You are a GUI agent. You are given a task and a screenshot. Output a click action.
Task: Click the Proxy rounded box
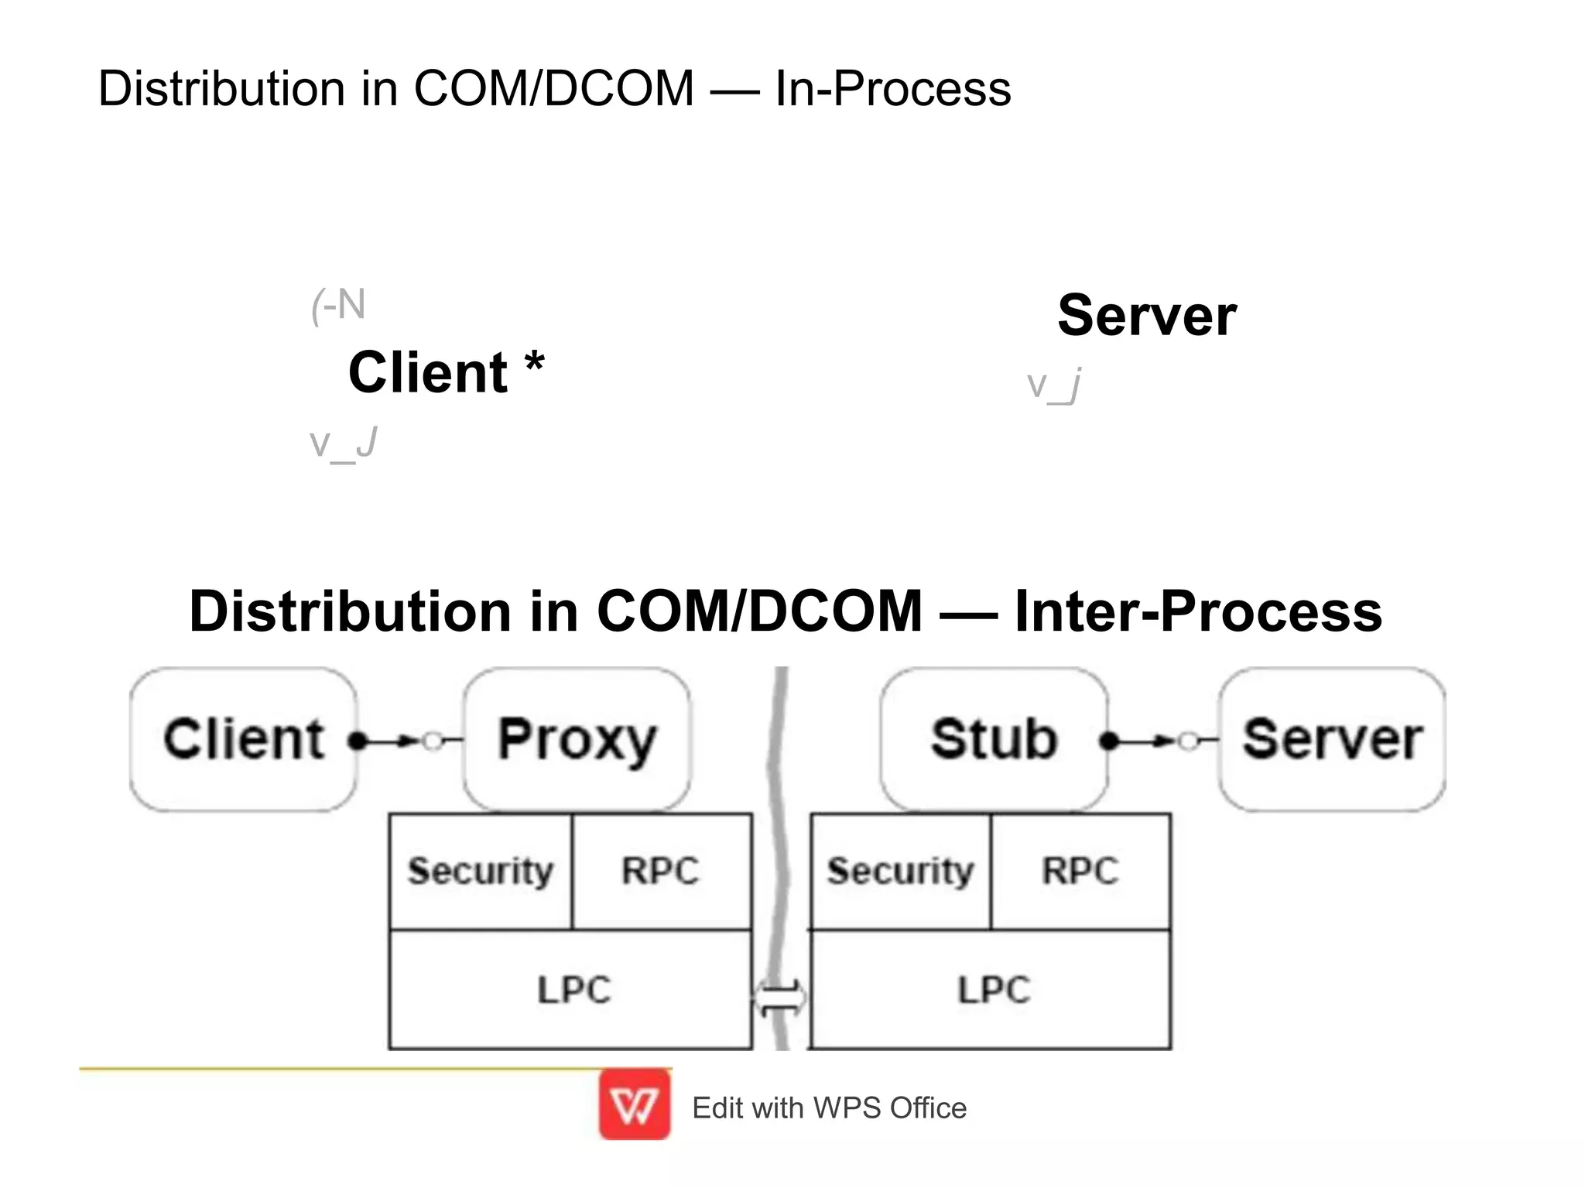pos(577,739)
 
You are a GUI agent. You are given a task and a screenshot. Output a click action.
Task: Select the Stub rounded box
pos(994,739)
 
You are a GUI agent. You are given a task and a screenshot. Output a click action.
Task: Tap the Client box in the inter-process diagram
pos(243,739)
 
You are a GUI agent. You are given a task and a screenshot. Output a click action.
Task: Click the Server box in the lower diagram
pos(1332,739)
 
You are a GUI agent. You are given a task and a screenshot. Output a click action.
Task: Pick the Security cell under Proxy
pos(481,871)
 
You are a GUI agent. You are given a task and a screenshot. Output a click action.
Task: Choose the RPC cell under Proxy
pos(660,871)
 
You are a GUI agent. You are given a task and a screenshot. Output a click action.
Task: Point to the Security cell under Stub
pos(900,871)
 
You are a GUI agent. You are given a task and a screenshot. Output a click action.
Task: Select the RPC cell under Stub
pos(1080,871)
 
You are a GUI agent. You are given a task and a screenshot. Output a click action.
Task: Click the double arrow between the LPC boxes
pos(780,998)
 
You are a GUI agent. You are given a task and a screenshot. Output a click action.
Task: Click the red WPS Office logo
pos(635,1105)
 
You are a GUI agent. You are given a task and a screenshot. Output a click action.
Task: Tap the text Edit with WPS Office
pos(829,1108)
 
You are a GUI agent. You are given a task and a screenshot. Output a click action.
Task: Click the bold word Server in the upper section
pos(1146,316)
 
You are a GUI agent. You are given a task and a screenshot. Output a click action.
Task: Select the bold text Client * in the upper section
pos(446,372)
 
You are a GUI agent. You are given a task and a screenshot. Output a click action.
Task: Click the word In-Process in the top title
pos(892,88)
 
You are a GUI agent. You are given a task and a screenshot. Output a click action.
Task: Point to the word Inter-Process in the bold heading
pos(1197,611)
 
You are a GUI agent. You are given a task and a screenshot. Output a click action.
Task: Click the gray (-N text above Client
pos(338,306)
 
